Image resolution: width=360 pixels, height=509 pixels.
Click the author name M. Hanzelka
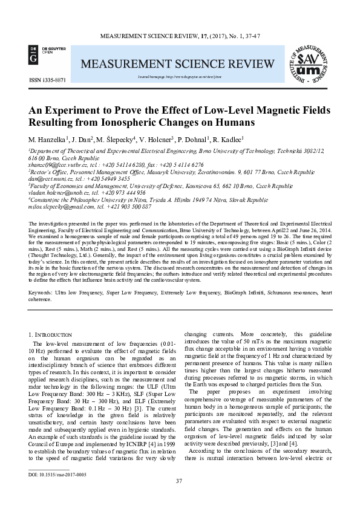pyautogui.click(x=48, y=140)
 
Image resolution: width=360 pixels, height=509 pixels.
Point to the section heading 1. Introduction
pyautogui.click(x=55, y=334)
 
